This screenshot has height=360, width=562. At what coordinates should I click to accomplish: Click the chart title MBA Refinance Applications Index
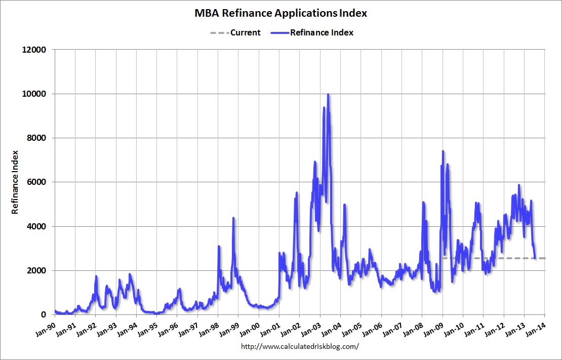(280, 13)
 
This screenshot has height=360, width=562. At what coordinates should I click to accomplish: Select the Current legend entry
(235, 32)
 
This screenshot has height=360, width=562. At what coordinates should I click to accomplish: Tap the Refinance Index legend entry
(312, 32)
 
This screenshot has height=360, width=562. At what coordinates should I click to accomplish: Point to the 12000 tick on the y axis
(35, 50)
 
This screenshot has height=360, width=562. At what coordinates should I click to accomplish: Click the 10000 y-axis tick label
(35, 94)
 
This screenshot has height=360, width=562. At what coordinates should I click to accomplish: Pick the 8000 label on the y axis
(36, 138)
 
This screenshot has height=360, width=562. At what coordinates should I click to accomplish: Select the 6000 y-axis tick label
(36, 182)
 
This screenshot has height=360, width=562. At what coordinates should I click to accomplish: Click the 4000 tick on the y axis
(36, 227)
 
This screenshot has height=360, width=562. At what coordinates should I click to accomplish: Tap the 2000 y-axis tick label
(36, 271)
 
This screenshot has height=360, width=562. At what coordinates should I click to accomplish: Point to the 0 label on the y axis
(44, 315)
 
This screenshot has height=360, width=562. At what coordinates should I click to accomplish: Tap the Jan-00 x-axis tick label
(250, 328)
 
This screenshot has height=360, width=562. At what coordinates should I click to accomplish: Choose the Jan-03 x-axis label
(311, 328)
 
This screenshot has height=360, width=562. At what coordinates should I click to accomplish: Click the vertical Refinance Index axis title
(15, 182)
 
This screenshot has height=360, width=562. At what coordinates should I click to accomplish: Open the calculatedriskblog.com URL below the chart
(300, 346)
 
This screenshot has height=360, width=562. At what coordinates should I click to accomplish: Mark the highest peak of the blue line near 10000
(328, 94)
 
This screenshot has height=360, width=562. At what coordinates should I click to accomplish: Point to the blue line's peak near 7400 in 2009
(443, 151)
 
